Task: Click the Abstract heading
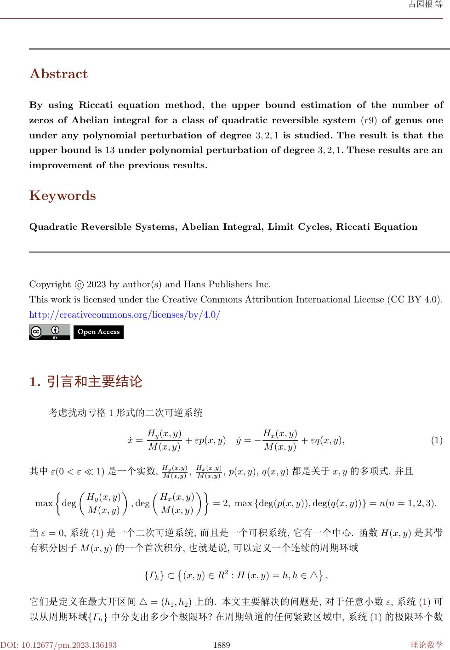(x=58, y=74)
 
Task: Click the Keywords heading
(x=63, y=196)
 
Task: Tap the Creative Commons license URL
(x=125, y=315)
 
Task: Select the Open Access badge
(x=98, y=332)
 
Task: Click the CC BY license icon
(x=49, y=332)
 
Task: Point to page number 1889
(x=222, y=645)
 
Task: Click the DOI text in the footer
(x=58, y=645)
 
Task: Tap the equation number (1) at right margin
(x=436, y=440)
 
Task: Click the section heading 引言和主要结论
(x=95, y=382)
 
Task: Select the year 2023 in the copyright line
(x=96, y=284)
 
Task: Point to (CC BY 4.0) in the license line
(x=416, y=300)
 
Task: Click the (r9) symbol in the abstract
(x=368, y=120)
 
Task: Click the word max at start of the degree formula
(x=44, y=503)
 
